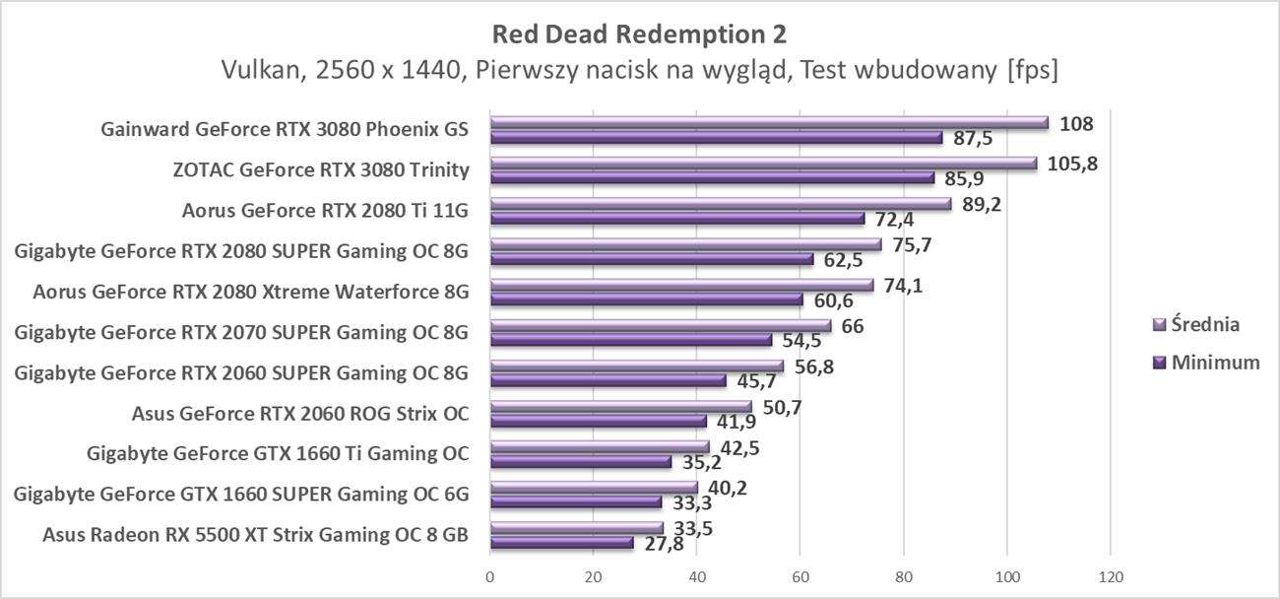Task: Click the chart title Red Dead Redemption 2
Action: point(639,34)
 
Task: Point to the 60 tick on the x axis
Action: point(800,575)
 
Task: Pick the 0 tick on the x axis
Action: point(490,575)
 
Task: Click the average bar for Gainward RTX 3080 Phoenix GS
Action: point(768,123)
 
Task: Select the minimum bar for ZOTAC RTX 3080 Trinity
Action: point(712,178)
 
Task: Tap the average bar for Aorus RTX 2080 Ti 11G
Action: point(720,204)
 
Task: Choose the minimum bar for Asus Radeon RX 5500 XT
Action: point(561,543)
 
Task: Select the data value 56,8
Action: point(814,366)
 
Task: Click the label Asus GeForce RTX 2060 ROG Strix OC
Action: point(299,414)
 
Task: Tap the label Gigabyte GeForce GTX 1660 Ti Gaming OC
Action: point(278,454)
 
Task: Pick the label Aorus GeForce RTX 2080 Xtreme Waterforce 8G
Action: point(250,292)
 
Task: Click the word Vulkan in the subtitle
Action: point(255,70)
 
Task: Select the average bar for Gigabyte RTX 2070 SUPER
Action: point(660,326)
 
